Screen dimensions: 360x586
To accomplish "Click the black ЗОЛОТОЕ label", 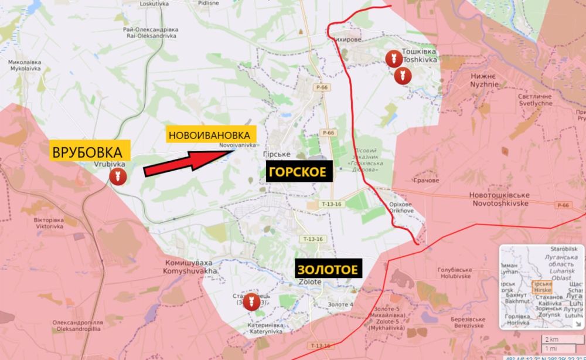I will coord(327,270).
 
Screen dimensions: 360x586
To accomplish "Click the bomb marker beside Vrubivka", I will coord(116,176).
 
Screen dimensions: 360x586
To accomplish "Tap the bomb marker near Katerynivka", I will coord(251,301).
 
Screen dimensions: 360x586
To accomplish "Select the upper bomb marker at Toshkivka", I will coord(392,57).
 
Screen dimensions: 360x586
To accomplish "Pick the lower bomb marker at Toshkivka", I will coord(401,76).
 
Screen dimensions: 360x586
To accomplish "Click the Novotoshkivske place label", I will coord(499,199).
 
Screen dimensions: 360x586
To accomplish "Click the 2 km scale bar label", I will coord(550,340).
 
